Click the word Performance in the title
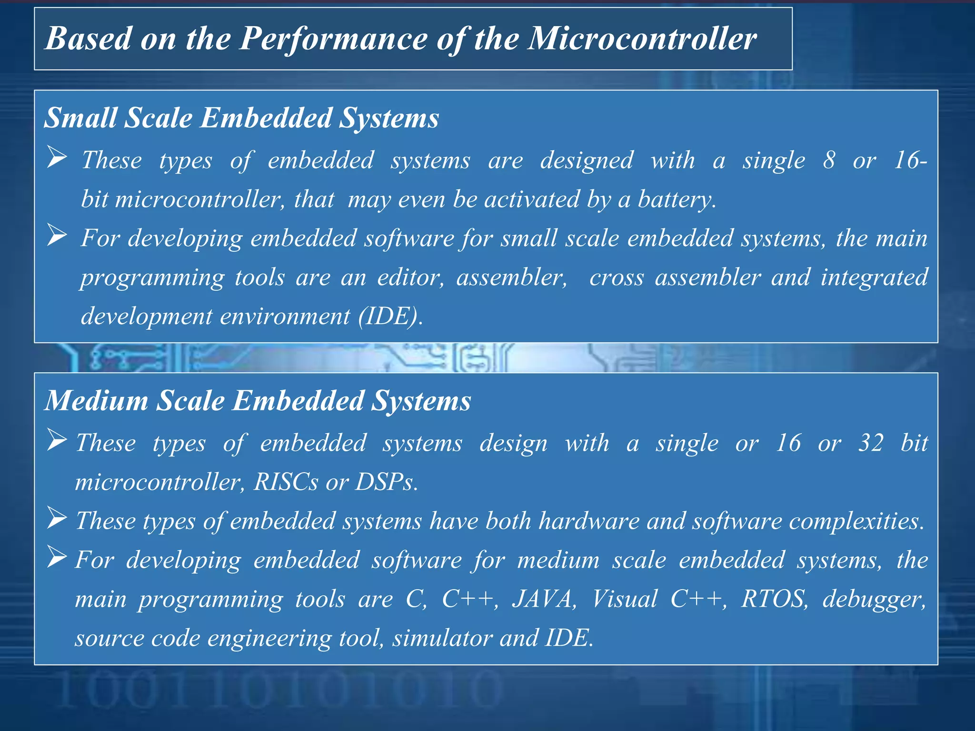click(x=333, y=39)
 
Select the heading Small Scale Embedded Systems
click(x=241, y=118)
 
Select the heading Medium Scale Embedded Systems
click(x=258, y=400)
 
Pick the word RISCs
click(x=286, y=482)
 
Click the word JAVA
click(x=543, y=599)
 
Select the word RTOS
click(x=775, y=599)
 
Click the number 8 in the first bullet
click(x=829, y=160)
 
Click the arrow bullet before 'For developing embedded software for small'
click(x=57, y=236)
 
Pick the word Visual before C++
click(x=624, y=599)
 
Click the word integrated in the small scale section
click(x=874, y=278)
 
